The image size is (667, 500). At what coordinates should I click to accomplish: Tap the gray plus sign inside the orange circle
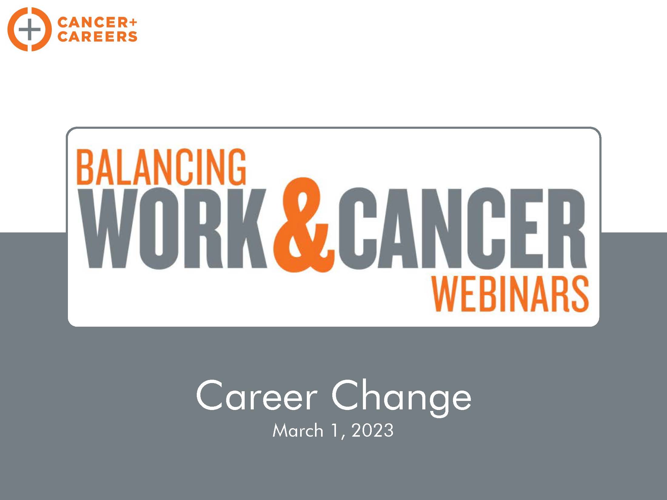29,29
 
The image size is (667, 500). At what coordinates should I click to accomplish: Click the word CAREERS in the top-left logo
97,36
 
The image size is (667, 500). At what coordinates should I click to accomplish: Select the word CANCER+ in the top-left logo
97,22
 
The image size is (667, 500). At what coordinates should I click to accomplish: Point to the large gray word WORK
175,228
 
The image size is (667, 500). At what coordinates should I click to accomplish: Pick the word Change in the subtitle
401,398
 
